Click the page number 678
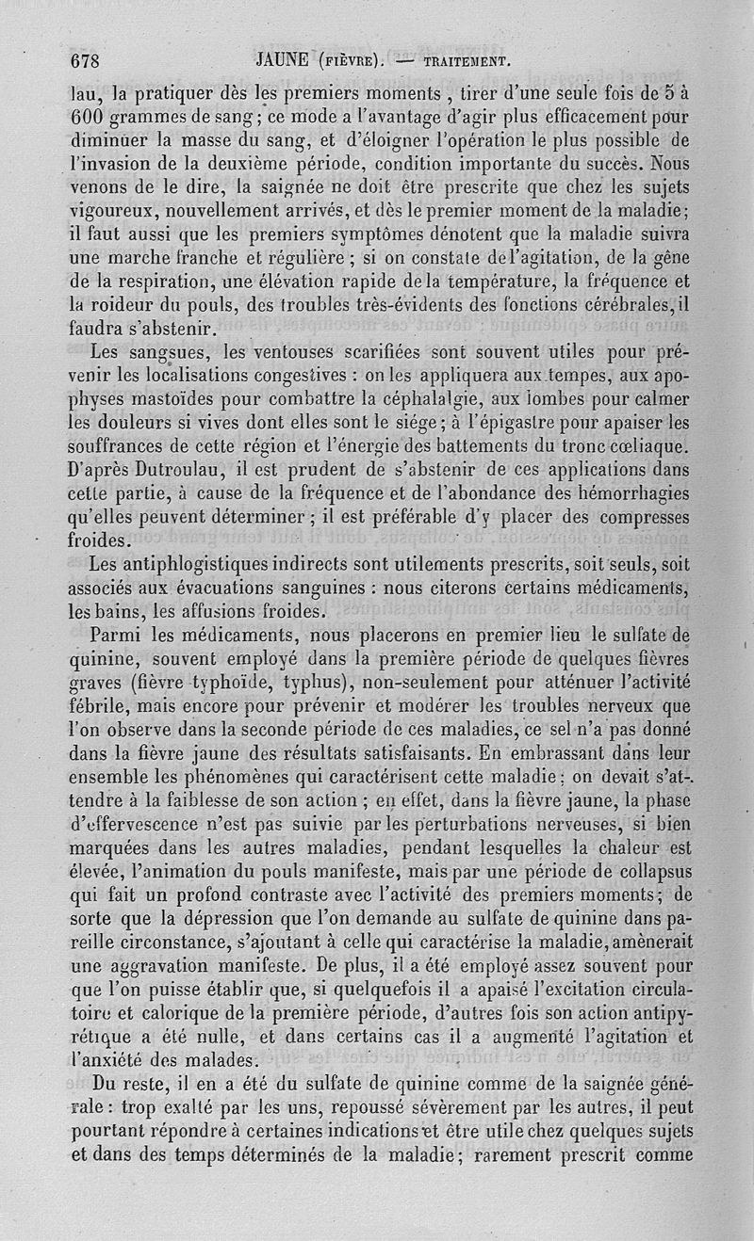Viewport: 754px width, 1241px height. [x=86, y=63]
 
